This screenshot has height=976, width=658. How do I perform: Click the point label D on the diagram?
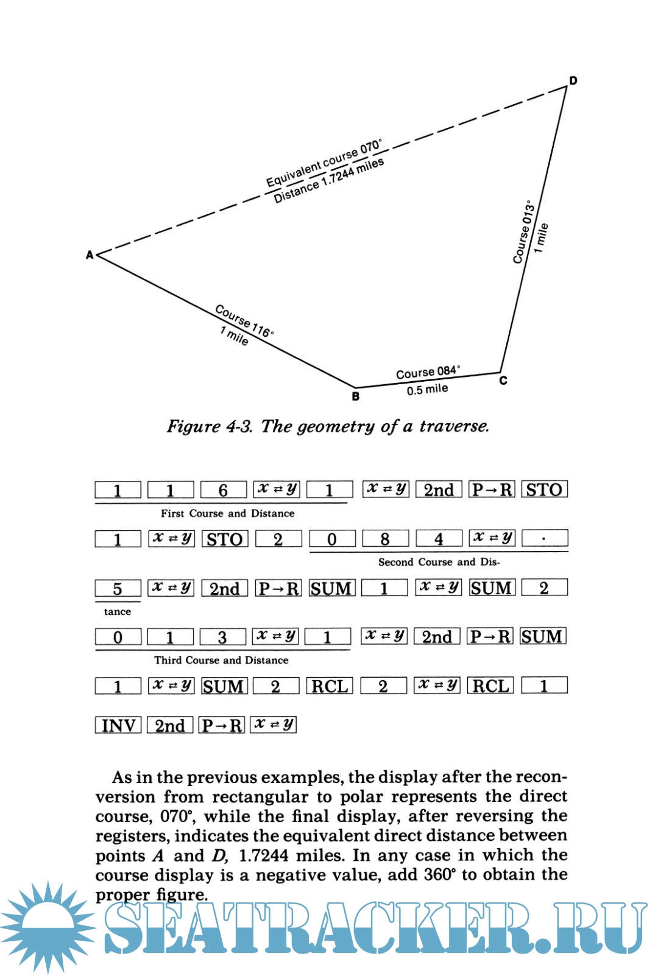point(573,80)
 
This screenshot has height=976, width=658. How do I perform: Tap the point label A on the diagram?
point(90,255)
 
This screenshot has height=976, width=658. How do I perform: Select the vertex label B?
point(356,396)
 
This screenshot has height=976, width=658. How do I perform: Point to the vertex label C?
point(503,381)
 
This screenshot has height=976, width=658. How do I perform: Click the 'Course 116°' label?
point(244,320)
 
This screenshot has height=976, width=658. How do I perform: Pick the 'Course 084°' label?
point(428,372)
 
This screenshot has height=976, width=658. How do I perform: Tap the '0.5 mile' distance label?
point(427,390)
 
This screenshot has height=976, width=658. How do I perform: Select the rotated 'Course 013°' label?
point(524,232)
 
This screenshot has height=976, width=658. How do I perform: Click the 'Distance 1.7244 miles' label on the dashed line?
point(328,181)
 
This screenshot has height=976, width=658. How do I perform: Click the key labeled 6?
point(223,490)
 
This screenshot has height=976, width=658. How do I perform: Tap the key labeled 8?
point(385,539)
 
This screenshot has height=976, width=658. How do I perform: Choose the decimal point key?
point(545,539)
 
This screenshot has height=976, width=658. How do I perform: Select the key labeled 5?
point(118,588)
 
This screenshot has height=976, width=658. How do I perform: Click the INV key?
point(118,725)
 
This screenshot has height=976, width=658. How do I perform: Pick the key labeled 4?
point(439,539)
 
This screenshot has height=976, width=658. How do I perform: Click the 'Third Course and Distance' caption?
point(221,660)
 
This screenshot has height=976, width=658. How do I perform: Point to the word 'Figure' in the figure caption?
point(193,426)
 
